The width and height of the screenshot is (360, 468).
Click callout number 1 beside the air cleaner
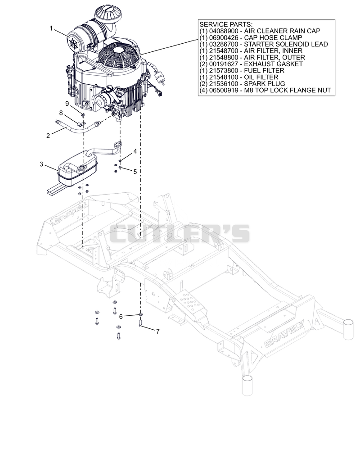coord(51,29)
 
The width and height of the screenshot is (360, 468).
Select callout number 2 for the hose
coord(48,136)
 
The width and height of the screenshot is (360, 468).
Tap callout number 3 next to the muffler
coord(41,164)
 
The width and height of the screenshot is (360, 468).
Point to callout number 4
coord(135,151)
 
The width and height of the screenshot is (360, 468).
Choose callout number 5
coord(135,172)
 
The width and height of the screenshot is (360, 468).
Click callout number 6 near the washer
coord(121,316)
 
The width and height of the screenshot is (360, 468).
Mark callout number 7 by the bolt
coord(158,331)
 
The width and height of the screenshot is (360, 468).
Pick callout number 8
coord(61,113)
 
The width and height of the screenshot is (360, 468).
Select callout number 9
coord(67,103)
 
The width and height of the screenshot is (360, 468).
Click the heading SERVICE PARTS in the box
coord(226,24)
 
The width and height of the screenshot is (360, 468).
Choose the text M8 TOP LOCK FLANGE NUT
coord(288,90)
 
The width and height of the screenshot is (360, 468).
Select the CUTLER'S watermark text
coord(180,234)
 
